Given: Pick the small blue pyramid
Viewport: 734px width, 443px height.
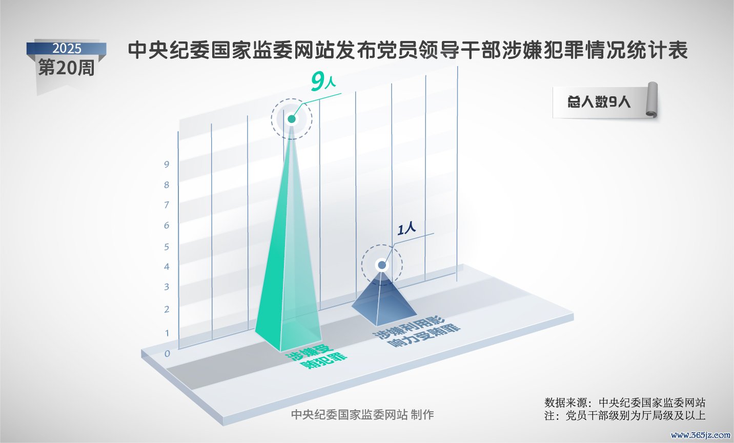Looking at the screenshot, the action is [383, 301].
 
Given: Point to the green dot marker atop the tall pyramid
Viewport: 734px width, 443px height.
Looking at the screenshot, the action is [292, 119].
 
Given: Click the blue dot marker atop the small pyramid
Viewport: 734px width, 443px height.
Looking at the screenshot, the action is [382, 265].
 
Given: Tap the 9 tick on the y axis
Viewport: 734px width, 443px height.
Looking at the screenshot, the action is [167, 164].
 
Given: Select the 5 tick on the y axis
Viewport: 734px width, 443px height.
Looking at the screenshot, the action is [167, 246].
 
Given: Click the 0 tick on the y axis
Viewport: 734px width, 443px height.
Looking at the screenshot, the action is [167, 353].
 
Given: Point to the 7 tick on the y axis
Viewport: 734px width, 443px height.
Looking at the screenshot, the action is [167, 205].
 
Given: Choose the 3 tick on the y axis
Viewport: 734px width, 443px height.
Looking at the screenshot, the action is [167, 287].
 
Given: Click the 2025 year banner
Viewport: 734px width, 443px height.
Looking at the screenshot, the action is [67, 49].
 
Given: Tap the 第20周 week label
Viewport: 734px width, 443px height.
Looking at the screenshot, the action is [66, 68].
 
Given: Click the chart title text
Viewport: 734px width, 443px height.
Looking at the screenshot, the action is [407, 50].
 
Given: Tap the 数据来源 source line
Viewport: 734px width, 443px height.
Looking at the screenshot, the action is [624, 403].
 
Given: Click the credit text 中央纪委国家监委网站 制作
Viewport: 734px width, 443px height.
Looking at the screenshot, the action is [362, 415].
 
